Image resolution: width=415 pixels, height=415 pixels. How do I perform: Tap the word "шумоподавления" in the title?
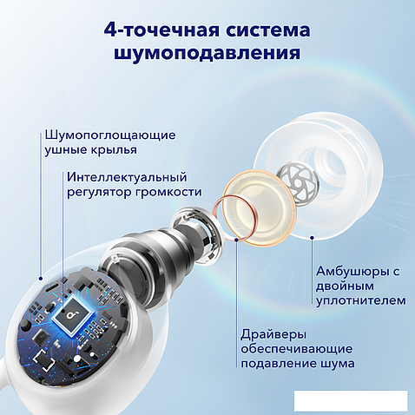click(x=207, y=54)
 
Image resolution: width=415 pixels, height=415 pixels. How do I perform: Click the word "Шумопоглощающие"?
click(x=109, y=135)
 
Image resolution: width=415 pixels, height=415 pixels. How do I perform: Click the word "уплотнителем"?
click(x=360, y=300)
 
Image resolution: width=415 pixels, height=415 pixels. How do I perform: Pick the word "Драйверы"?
click(x=272, y=332)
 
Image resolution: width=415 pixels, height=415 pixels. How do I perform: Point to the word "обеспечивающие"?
click(x=294, y=347)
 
